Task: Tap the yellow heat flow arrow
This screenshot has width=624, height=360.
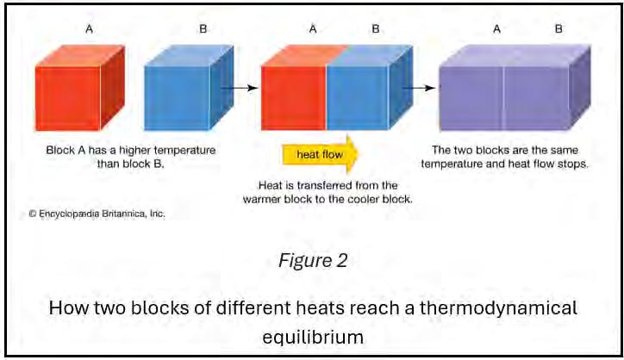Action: [x=320, y=154]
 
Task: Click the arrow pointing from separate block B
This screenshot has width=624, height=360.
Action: [x=240, y=87]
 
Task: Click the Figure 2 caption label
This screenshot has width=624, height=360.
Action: [x=313, y=261]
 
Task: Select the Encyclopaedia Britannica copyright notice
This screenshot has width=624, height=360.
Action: [x=96, y=213]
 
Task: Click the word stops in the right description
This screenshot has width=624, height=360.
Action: [x=573, y=163]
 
